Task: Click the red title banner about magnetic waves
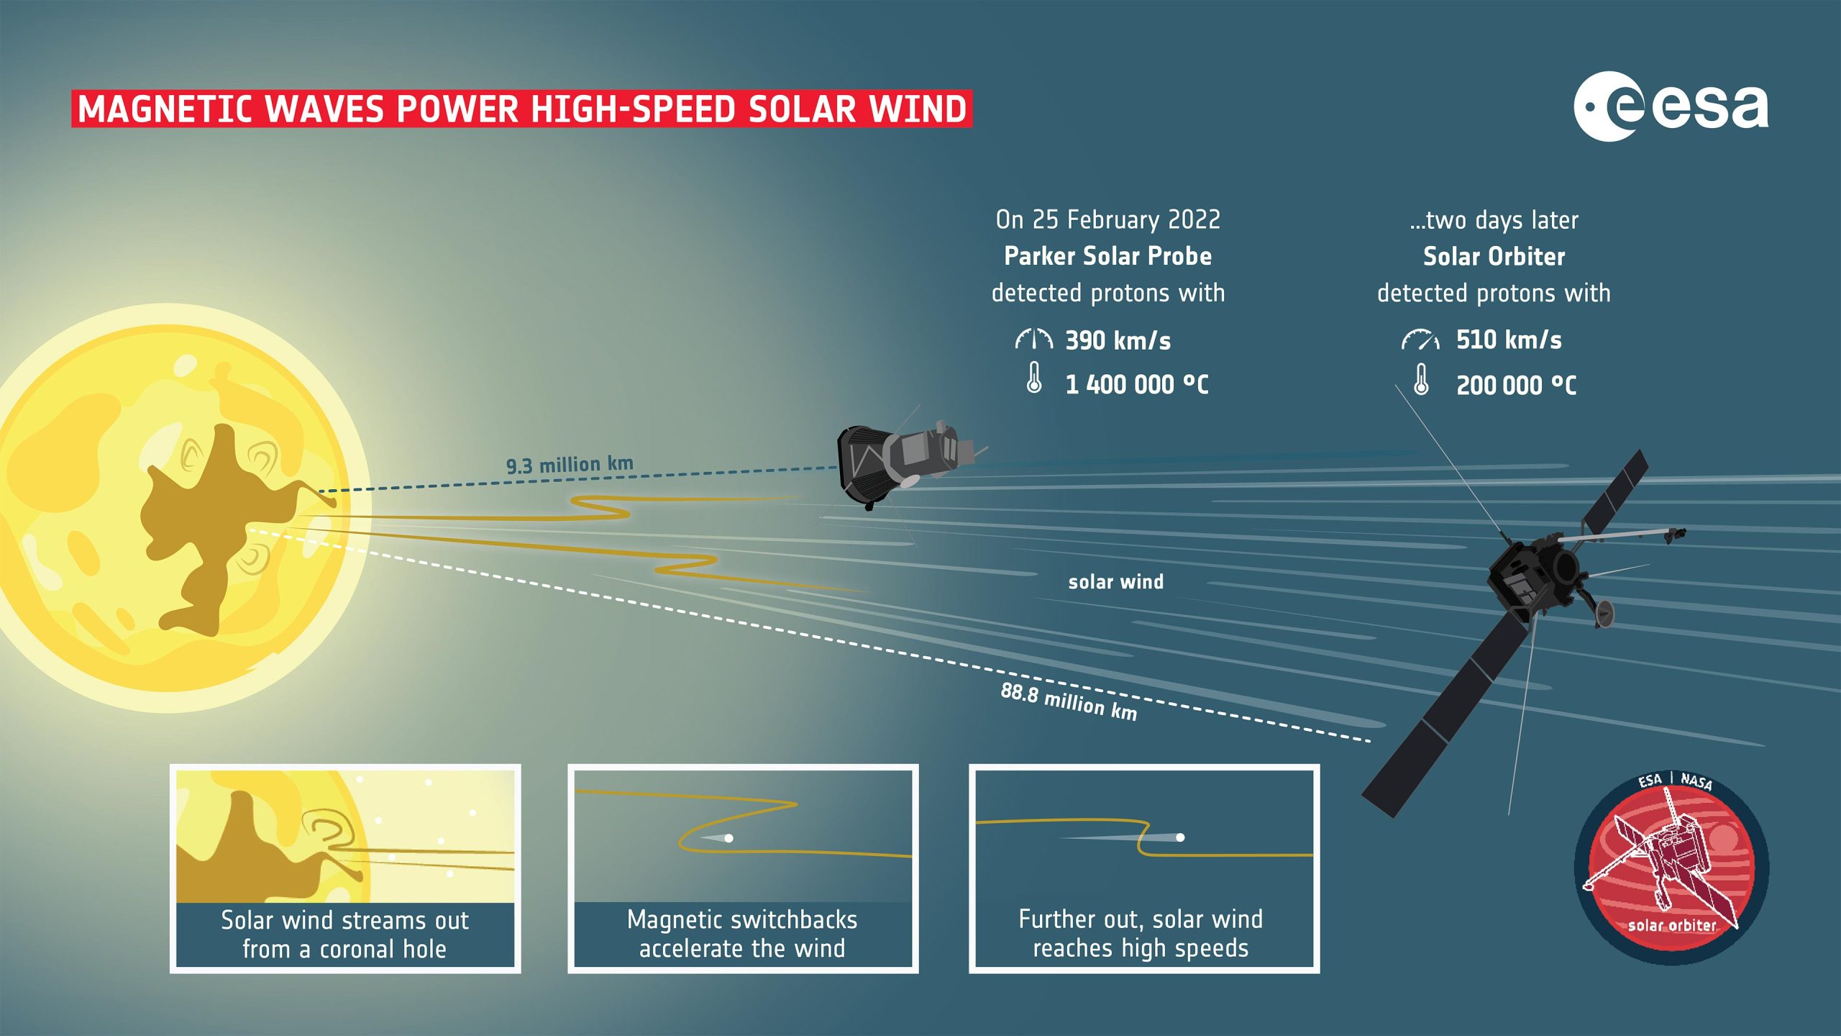click(x=521, y=109)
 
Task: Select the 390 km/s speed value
click(x=1118, y=340)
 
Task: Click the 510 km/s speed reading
click(x=1509, y=340)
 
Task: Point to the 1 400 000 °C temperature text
click(x=1137, y=384)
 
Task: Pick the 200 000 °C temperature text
click(x=1516, y=385)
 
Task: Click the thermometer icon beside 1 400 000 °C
click(x=1034, y=378)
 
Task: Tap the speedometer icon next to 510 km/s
click(x=1420, y=340)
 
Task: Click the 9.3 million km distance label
click(x=570, y=465)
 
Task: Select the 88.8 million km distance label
click(x=1069, y=701)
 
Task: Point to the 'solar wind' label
click(x=1115, y=581)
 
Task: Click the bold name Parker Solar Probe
click(x=1107, y=256)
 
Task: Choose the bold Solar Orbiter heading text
click(x=1494, y=256)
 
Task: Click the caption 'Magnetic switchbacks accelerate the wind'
click(x=742, y=934)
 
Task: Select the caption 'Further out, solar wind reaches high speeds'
click(x=1141, y=934)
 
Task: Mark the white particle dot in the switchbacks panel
click(x=728, y=838)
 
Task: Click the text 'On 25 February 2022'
click(x=1107, y=219)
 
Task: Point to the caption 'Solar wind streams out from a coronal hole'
click(x=344, y=935)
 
